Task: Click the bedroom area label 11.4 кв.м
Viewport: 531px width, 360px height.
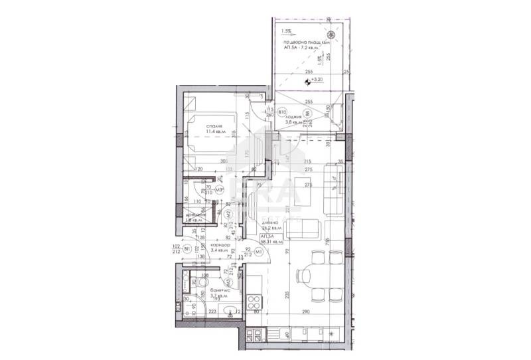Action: pos(214,132)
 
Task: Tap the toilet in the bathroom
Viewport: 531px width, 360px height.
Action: pos(192,284)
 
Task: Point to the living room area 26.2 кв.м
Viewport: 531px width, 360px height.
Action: pos(271,226)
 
